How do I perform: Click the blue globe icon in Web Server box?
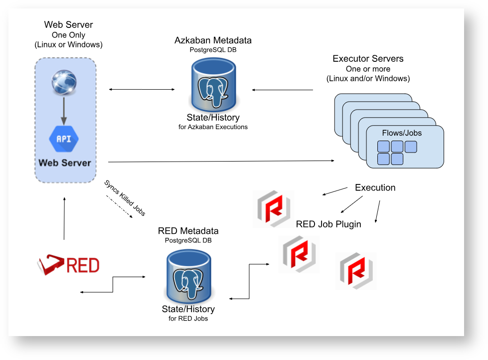64,83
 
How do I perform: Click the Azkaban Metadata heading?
213,40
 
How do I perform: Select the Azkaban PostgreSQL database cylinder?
213,85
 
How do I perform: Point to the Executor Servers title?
368,59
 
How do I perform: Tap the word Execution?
375,188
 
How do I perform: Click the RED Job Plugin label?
328,224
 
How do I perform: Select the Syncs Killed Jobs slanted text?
125,198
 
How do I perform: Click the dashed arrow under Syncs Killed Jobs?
119,206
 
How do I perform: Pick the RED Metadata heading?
188,231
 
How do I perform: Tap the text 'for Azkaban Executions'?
213,127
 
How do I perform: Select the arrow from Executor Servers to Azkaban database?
282,90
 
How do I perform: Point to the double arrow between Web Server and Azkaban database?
142,89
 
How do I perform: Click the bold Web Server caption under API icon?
65,163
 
